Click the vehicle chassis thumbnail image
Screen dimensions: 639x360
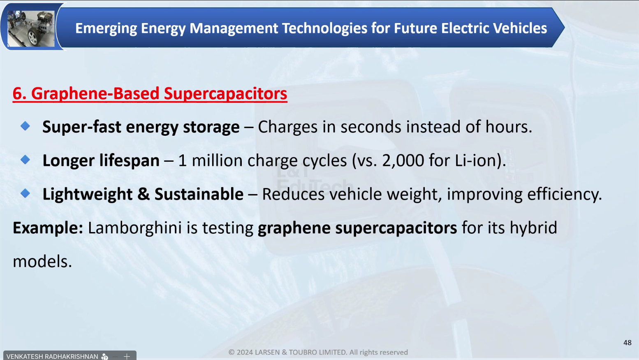point(31,28)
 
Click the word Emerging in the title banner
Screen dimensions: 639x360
point(106,28)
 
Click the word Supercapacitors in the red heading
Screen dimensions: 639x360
point(225,94)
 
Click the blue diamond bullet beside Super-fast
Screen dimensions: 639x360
point(25,126)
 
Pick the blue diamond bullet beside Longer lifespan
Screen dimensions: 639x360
point(25,160)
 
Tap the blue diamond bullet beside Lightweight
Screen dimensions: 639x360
point(25,193)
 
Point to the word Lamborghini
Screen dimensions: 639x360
point(134,228)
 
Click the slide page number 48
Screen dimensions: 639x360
point(627,343)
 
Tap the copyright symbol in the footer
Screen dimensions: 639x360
point(232,352)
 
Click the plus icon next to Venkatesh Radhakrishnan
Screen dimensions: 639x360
point(127,356)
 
